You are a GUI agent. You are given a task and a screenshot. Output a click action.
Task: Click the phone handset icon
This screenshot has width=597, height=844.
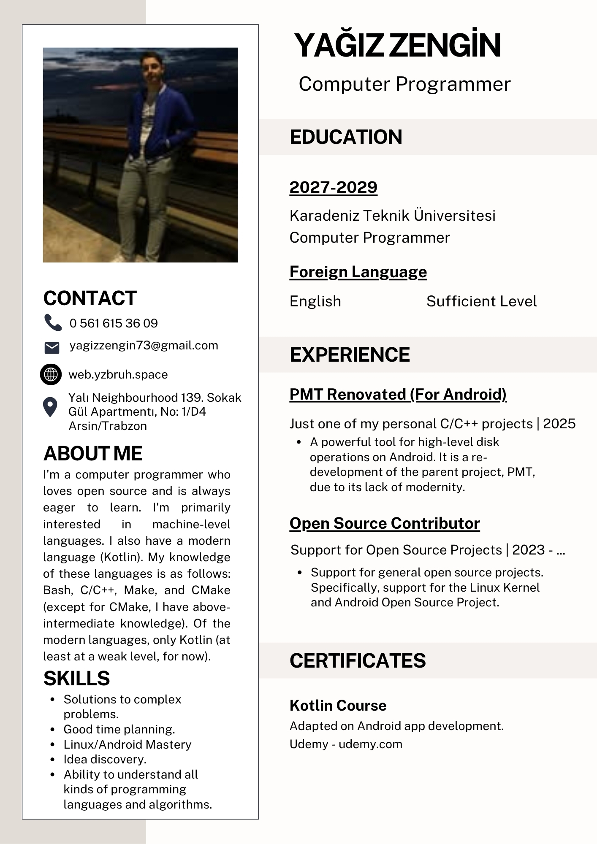[x=53, y=322]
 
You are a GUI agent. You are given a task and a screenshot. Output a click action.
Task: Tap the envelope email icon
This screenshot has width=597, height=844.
[x=52, y=348]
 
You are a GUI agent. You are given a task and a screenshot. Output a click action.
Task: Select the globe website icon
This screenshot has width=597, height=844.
[x=51, y=374]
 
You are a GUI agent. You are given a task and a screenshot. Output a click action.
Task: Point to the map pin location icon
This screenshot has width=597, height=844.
[x=50, y=407]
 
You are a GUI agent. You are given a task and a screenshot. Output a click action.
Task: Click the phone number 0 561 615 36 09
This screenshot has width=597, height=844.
[x=114, y=323]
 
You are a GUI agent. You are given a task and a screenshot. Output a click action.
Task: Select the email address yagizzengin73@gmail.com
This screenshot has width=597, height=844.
[x=144, y=346]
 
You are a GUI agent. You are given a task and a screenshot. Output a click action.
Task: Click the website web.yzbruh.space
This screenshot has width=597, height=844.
[x=118, y=375]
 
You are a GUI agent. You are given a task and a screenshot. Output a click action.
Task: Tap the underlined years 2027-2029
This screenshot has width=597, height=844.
[x=333, y=187]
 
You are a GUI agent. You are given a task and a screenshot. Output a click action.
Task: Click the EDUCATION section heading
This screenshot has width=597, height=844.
[x=346, y=137]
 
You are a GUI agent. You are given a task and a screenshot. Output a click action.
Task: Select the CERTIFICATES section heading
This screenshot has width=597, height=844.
[x=358, y=661]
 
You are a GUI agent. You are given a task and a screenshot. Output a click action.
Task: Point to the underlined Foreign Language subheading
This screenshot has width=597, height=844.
[x=358, y=272]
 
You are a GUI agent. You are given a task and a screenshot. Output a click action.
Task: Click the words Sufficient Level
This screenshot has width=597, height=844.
[x=481, y=301]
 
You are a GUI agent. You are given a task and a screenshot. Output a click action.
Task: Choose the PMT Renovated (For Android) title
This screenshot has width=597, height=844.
[x=398, y=395]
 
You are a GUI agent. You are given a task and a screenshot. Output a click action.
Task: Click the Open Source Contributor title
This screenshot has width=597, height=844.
[x=385, y=524]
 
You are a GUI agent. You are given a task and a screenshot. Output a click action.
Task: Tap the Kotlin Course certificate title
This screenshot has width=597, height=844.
[x=338, y=706]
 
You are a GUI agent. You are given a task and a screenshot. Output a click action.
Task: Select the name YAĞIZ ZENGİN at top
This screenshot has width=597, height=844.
[x=397, y=45]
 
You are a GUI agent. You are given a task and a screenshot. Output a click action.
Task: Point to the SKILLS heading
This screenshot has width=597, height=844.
[x=76, y=679]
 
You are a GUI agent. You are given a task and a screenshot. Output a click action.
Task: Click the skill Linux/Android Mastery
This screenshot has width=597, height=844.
[x=127, y=744]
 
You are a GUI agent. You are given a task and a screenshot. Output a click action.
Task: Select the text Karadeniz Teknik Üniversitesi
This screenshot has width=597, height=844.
[x=392, y=216]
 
